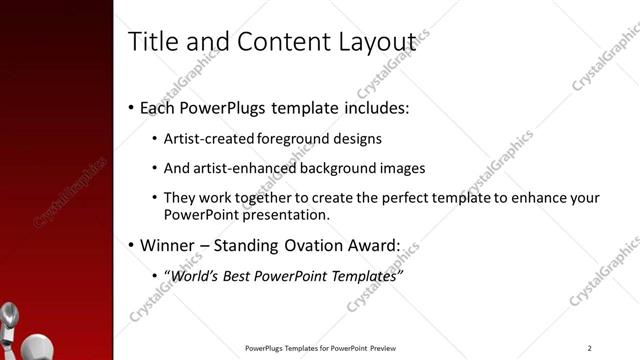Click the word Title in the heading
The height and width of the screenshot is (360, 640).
153,42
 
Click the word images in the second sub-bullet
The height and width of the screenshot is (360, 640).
404,168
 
